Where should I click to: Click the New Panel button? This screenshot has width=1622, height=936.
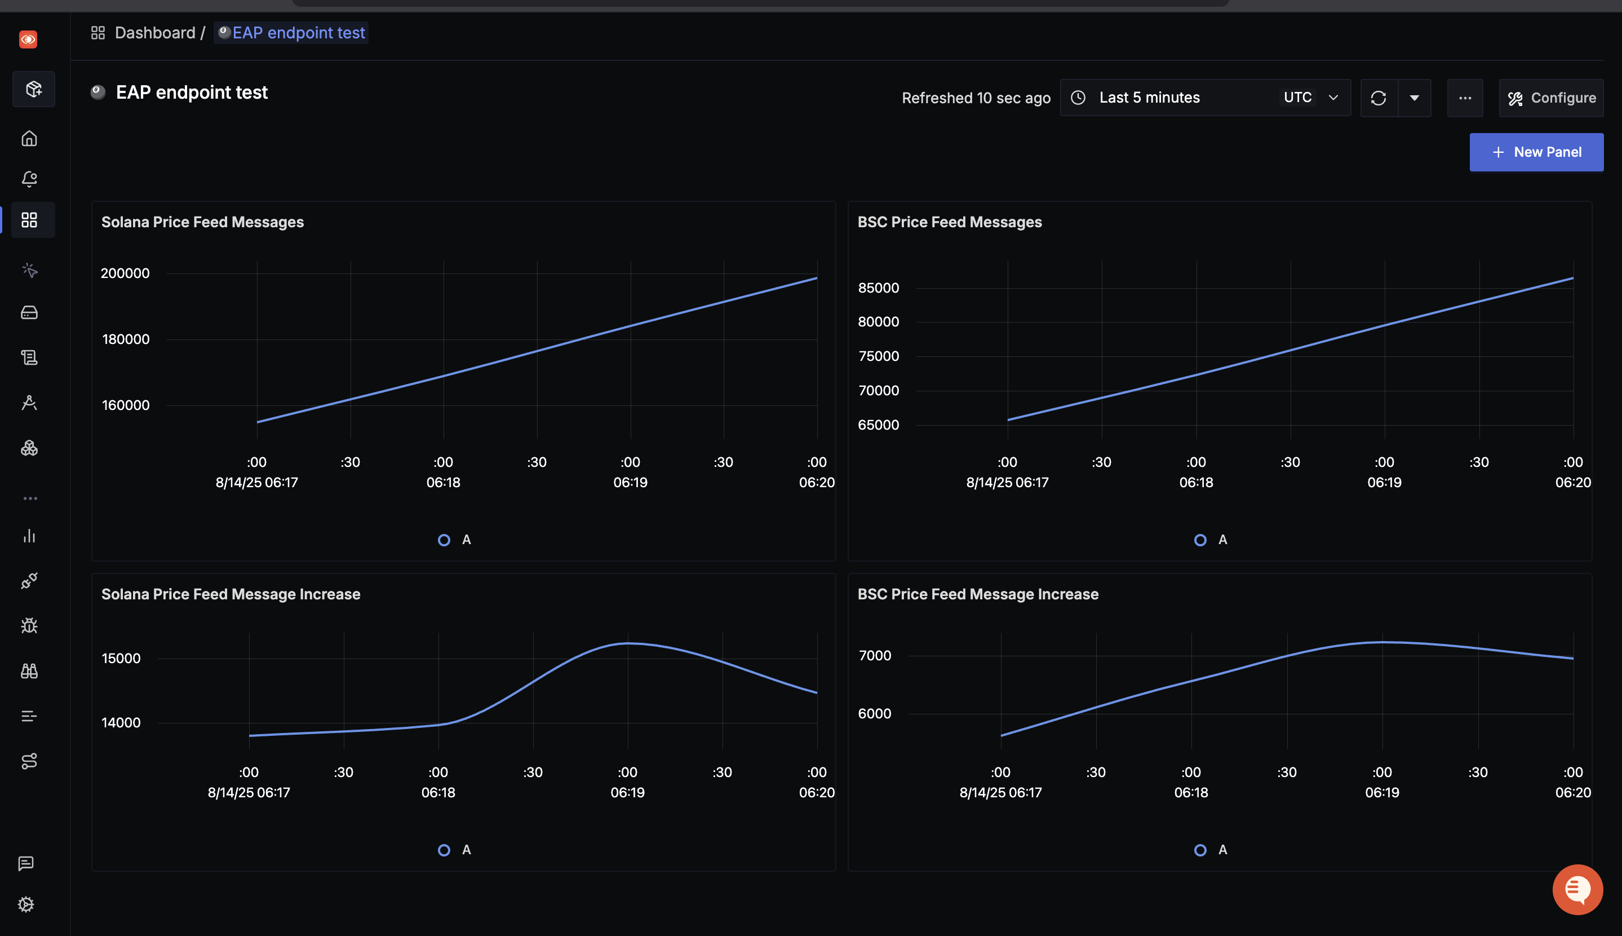point(1536,152)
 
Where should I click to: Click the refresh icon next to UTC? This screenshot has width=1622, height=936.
point(1378,98)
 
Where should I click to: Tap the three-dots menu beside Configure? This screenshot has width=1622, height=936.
point(1465,98)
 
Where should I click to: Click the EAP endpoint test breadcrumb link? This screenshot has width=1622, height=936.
point(298,33)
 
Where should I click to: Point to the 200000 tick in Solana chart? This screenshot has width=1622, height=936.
point(125,273)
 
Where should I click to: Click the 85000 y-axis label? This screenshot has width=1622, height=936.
point(878,288)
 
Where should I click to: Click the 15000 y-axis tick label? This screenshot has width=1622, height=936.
point(121,658)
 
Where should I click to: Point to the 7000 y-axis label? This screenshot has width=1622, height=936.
point(875,656)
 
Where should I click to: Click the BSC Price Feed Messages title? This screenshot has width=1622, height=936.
point(950,222)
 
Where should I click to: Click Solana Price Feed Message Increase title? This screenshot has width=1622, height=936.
point(231,594)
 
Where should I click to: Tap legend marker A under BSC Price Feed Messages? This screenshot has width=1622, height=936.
point(1200,540)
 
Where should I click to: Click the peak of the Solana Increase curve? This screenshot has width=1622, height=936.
point(628,643)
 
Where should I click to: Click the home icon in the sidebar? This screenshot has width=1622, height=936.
point(29,138)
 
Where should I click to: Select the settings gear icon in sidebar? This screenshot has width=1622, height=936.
point(26,904)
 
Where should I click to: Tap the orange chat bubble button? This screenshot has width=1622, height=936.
point(1577,890)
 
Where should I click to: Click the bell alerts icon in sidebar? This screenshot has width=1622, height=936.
point(29,179)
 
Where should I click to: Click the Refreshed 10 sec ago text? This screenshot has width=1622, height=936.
point(976,98)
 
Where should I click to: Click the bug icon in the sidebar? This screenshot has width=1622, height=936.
point(29,625)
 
